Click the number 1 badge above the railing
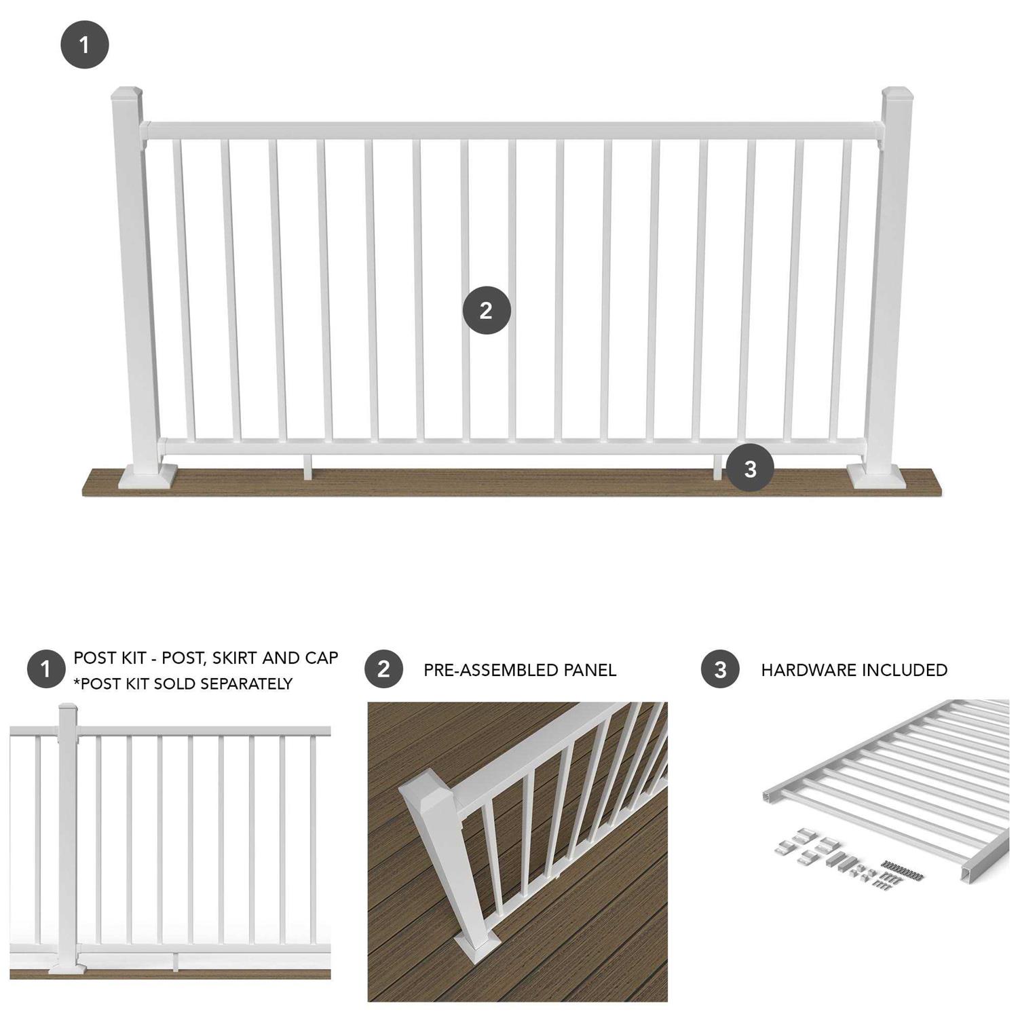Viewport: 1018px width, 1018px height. coord(84,45)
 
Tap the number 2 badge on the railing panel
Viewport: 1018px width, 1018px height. coord(486,311)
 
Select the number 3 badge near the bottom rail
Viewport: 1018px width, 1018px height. coord(750,468)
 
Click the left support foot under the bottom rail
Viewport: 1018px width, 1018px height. coord(307,468)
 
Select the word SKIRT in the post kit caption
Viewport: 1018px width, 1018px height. coord(234,658)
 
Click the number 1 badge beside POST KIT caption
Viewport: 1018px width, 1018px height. coord(45,669)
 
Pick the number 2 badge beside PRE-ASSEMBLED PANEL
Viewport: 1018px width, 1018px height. coord(383,669)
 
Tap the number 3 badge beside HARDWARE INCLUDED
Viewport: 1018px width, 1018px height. coord(720,670)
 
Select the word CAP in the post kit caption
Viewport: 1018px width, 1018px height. coord(322,658)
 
